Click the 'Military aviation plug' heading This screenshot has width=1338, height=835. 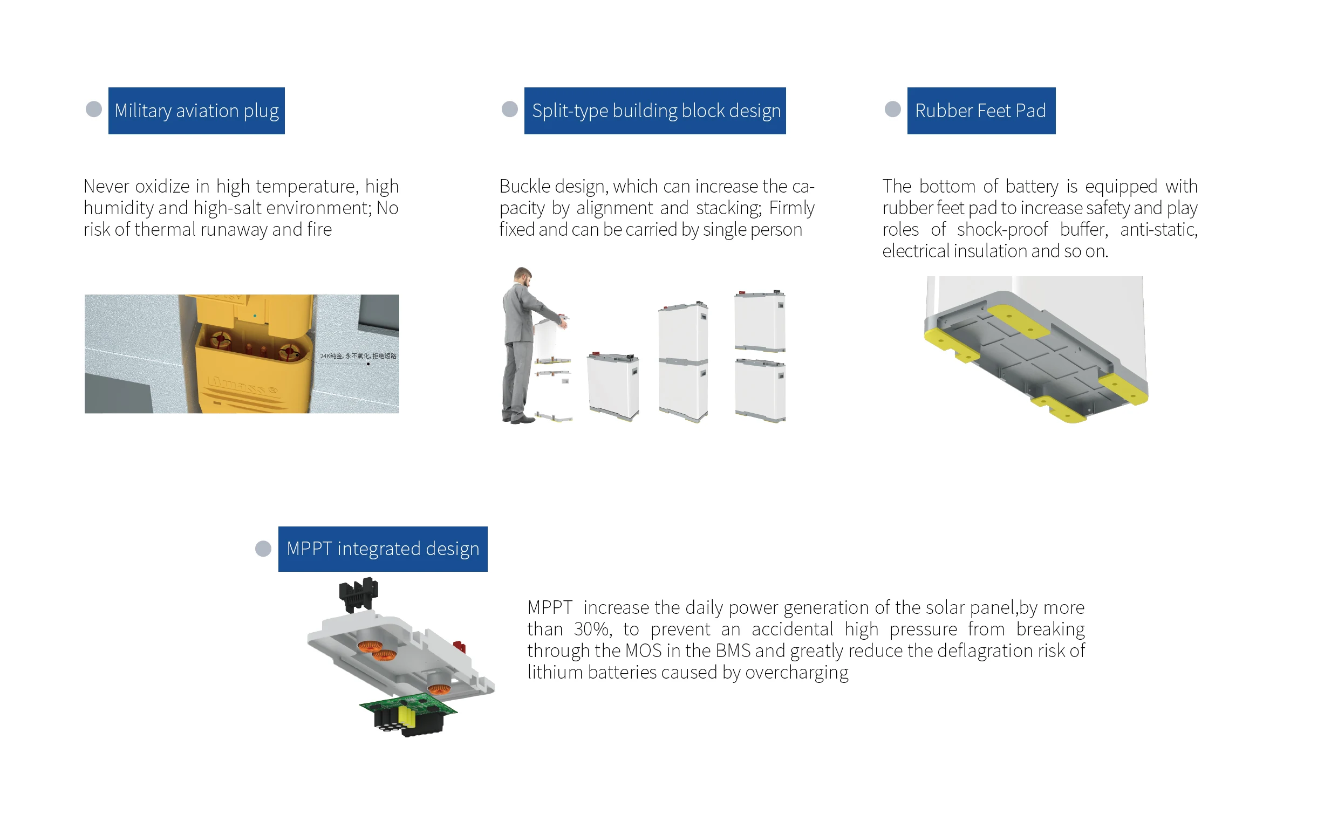click(196, 111)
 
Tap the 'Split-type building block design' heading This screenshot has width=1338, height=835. click(655, 111)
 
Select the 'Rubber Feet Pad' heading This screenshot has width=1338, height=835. click(981, 111)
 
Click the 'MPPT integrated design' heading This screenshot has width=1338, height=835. click(383, 549)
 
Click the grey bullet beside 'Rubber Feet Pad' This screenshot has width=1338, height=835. click(892, 109)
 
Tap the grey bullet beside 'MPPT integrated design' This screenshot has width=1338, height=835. click(263, 549)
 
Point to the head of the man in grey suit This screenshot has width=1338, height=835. click(522, 276)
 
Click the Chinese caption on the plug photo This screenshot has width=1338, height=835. click(358, 355)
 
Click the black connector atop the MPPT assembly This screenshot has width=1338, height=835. click(358, 594)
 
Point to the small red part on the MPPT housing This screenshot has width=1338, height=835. click(459, 646)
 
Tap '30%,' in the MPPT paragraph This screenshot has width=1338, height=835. click(592, 629)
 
